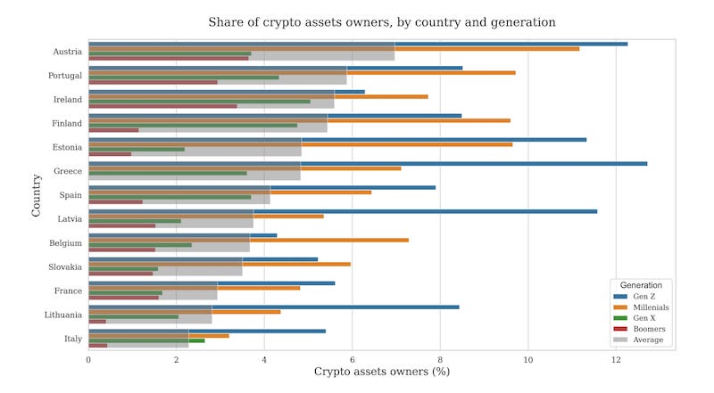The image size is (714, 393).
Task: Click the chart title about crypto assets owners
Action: (382, 22)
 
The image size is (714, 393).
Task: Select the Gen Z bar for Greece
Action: (368, 164)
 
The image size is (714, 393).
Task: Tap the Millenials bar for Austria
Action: (334, 49)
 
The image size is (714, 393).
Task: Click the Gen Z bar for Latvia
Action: (343, 211)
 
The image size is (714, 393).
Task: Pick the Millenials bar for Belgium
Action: (249, 241)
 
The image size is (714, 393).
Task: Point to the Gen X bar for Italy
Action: (146, 340)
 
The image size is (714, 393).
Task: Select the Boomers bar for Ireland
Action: (162, 106)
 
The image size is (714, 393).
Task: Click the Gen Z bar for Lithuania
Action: (274, 307)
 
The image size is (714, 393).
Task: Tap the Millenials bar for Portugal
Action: (302, 73)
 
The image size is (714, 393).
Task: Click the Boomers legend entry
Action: (639, 329)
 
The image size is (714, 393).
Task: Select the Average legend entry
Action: (638, 340)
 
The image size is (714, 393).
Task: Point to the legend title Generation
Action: (641, 285)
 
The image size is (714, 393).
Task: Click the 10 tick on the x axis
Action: (527, 360)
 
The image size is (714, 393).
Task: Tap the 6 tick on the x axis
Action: (352, 360)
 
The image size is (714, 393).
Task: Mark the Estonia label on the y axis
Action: (67, 147)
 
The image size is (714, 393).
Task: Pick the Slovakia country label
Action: (65, 267)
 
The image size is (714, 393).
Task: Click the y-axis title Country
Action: (36, 195)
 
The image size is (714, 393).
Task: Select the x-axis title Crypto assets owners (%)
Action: (382, 372)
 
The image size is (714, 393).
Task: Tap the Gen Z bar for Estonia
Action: (337, 140)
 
